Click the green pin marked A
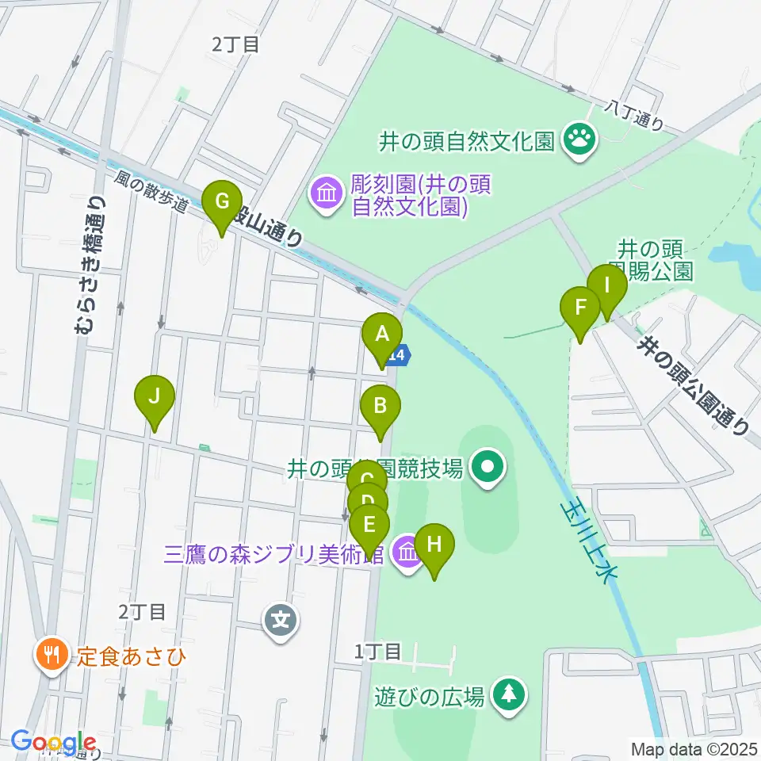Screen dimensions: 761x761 point(382,335)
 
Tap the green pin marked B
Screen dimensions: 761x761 point(380,406)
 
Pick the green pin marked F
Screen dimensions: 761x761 point(580,308)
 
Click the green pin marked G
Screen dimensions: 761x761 point(221,201)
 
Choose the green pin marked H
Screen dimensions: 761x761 point(434,545)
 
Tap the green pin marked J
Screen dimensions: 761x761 point(155,396)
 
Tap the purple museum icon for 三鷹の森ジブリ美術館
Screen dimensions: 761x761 point(407,552)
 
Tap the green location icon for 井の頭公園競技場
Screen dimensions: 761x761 point(487,468)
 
